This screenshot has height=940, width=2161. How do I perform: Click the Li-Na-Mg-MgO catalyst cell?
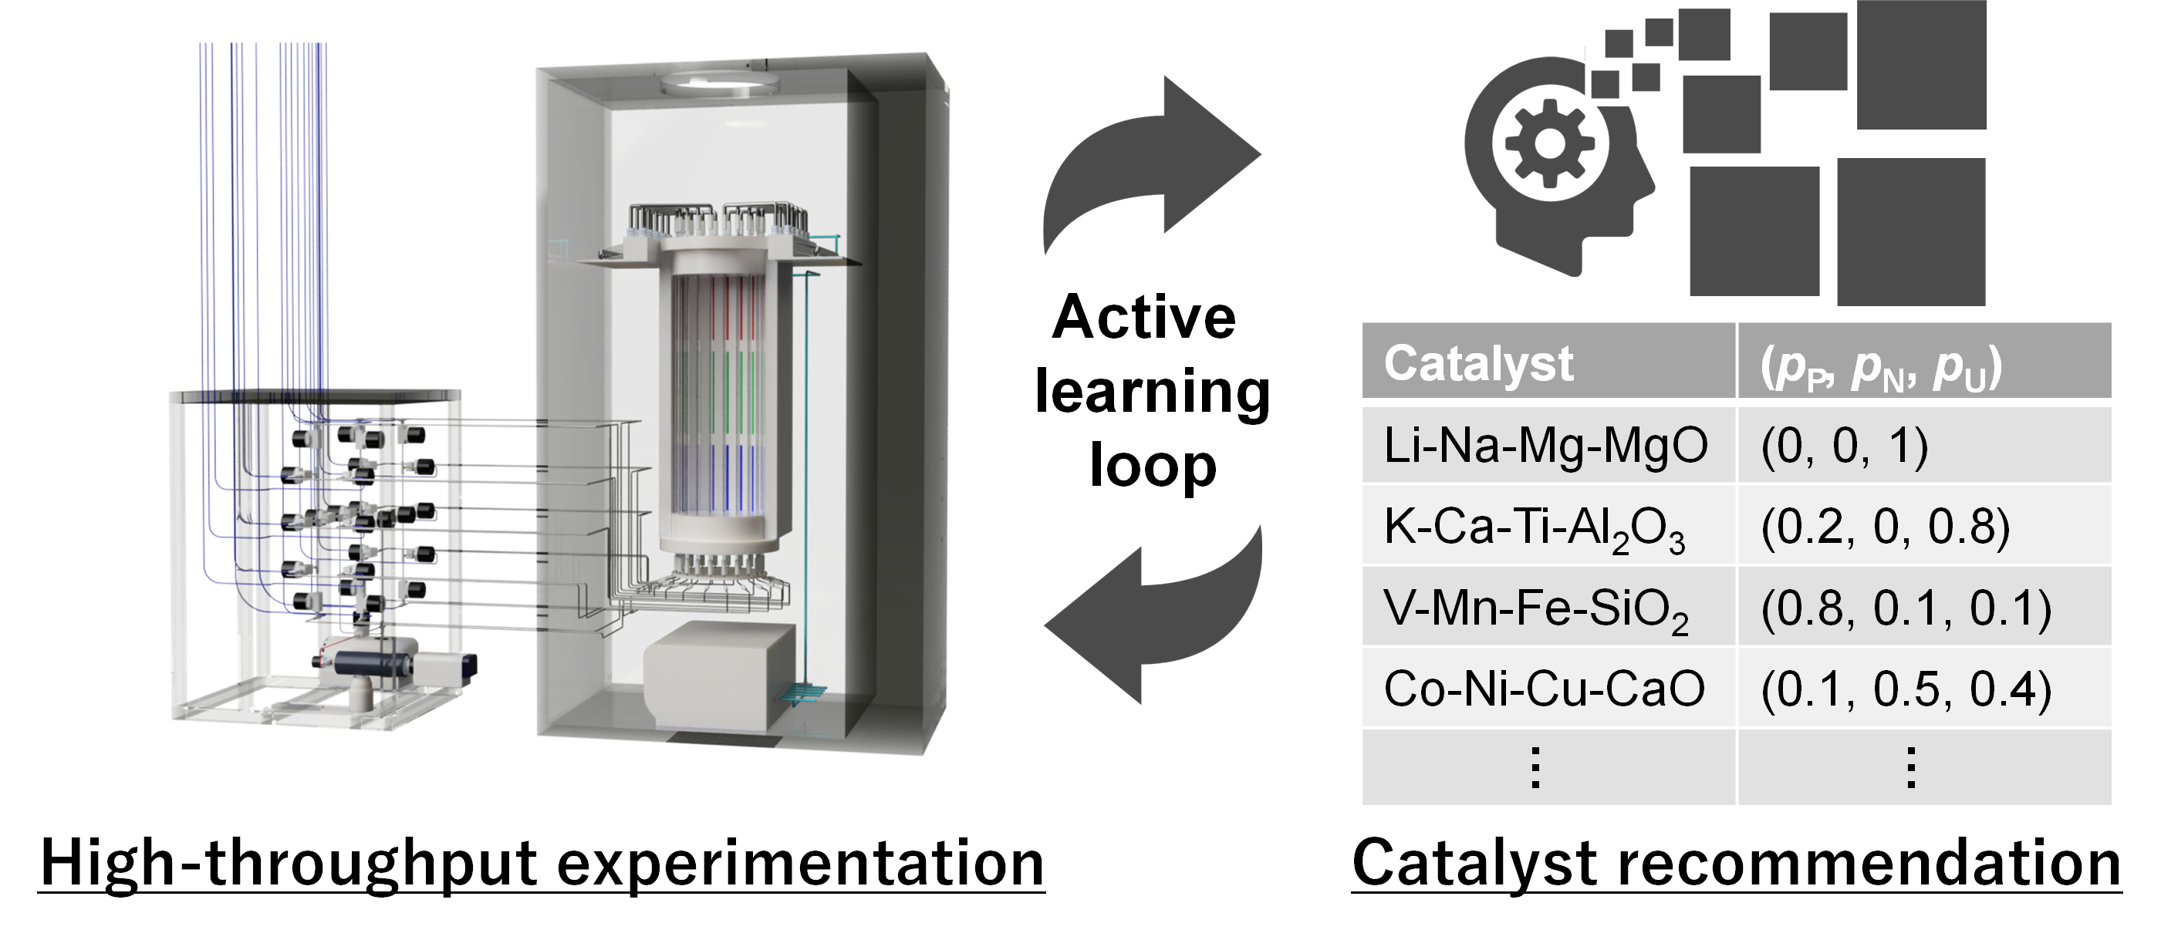[1546, 445]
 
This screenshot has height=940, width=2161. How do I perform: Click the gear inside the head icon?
[1548, 143]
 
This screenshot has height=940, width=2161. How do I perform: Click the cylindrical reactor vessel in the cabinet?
[719, 403]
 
